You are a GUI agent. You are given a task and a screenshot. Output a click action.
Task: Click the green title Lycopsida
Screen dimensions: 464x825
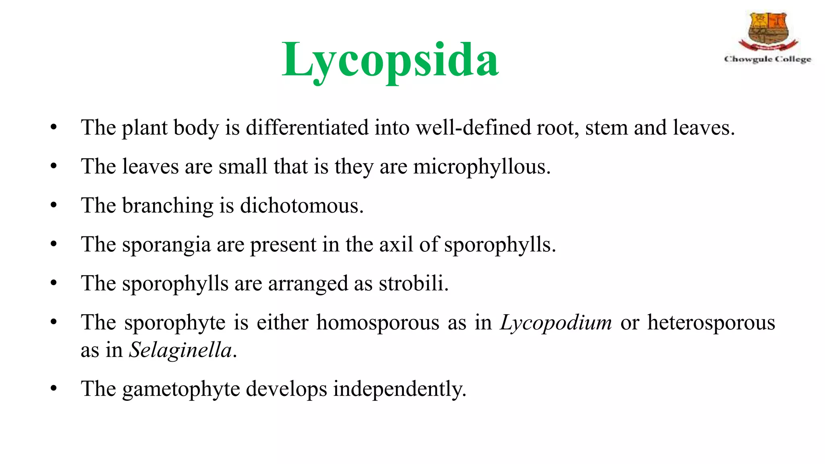point(390,60)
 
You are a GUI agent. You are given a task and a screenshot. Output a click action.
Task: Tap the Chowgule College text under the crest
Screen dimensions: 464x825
point(767,59)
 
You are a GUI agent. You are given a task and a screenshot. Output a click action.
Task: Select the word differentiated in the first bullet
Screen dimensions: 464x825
point(307,128)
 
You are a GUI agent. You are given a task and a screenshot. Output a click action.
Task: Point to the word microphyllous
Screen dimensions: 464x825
point(481,167)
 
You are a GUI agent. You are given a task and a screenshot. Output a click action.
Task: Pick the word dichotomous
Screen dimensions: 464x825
point(302,205)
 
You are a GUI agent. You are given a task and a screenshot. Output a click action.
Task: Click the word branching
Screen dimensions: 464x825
point(168,205)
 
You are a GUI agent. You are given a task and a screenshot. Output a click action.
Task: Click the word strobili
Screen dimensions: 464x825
point(413,283)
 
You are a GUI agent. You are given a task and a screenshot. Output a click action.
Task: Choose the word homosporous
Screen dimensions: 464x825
point(377,323)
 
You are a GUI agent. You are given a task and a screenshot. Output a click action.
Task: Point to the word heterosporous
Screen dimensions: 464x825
point(711,323)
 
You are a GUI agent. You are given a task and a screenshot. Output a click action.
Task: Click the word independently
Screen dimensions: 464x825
point(399,389)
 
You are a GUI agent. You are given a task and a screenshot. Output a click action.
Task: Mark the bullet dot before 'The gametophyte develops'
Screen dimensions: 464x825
point(54,389)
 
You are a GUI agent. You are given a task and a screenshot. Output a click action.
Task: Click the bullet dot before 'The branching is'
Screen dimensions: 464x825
point(54,205)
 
